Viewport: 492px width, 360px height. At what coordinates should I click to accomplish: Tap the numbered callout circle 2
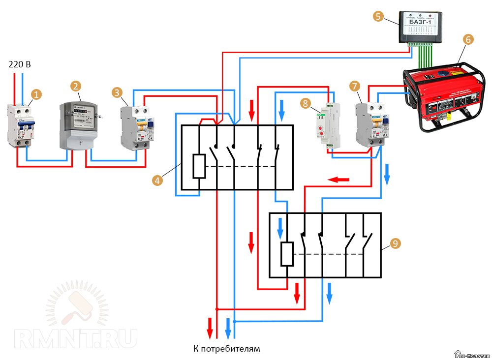click(75, 87)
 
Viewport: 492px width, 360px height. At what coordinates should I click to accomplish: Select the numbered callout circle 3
click(117, 92)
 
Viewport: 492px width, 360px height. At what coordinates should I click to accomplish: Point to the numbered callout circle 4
click(157, 181)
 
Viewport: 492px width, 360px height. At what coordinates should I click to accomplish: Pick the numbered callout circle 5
click(378, 17)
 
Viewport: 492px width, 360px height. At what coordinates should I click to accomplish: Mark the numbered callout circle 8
click(306, 103)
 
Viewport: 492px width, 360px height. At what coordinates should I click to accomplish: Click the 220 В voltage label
click(20, 64)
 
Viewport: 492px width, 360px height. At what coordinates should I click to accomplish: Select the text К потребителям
click(226, 349)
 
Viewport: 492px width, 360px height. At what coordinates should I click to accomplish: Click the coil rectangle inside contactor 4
click(199, 166)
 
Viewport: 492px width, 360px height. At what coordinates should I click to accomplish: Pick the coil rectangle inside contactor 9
click(286, 254)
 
